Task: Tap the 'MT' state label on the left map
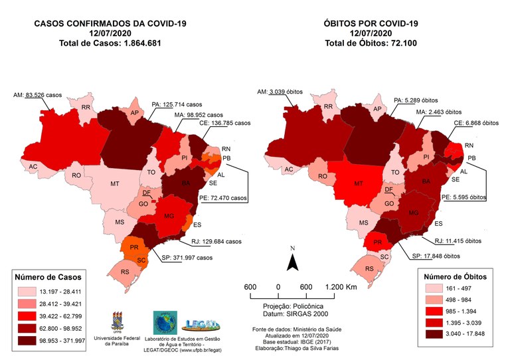(x=116, y=183)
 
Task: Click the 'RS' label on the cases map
(x=124, y=272)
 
